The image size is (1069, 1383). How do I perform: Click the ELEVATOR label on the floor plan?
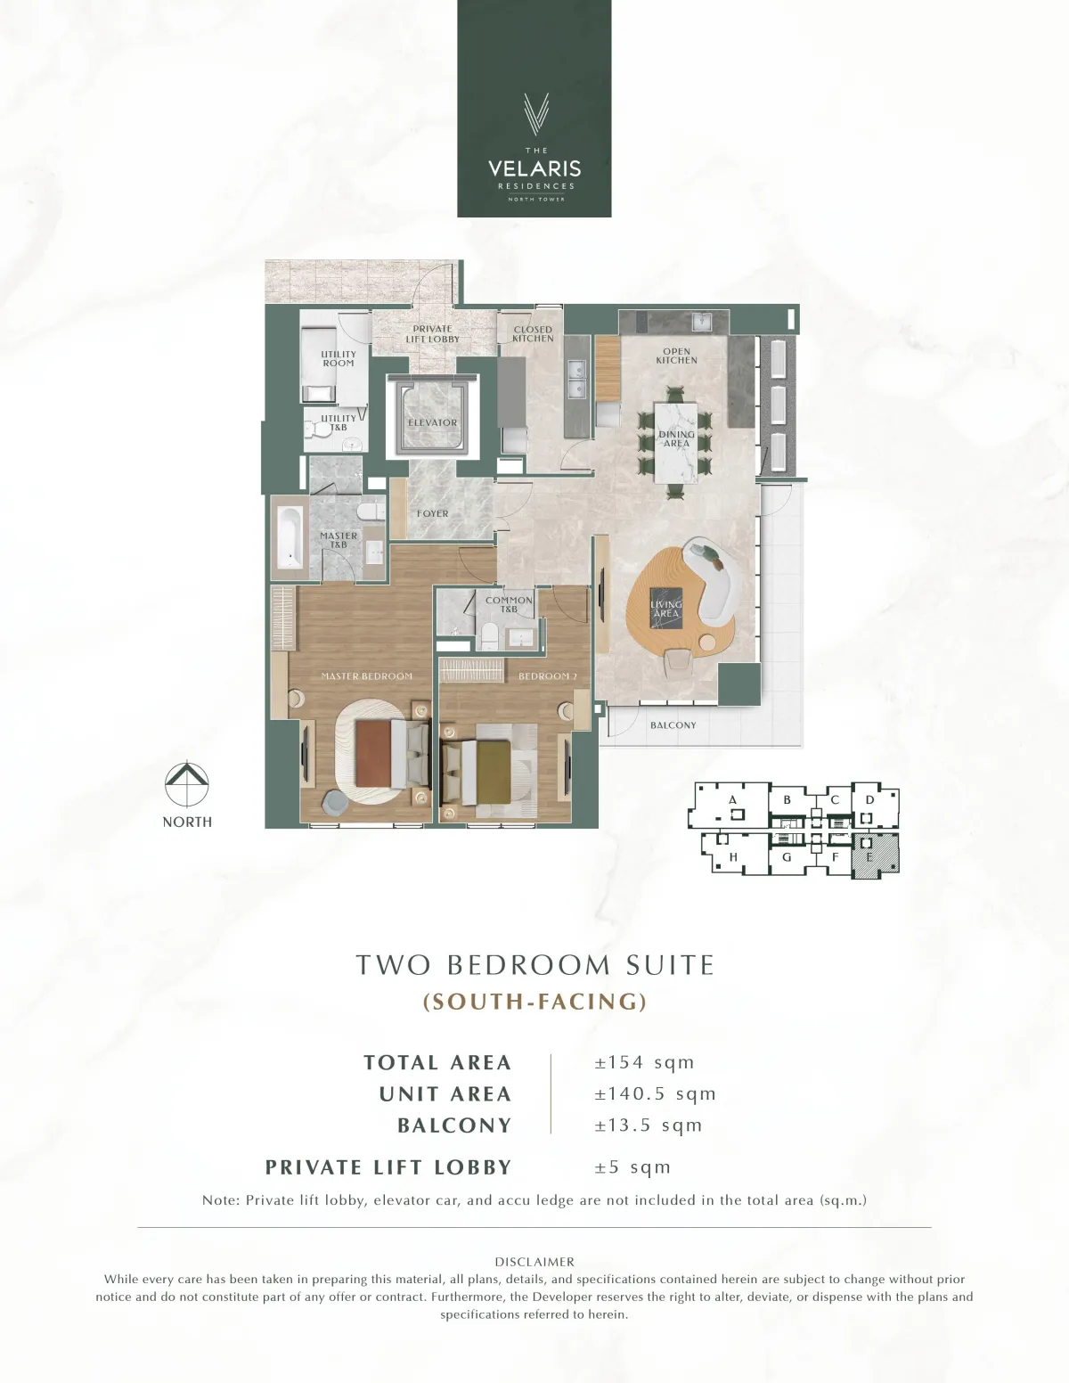432,422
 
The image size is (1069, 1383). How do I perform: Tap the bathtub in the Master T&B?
290,538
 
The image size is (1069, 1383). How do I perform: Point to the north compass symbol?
187,783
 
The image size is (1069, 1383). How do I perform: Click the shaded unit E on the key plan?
876,856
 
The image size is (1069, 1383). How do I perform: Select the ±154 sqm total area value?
644,1062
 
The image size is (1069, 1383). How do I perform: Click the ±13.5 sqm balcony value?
648,1125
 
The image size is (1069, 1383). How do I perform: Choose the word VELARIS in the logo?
534,168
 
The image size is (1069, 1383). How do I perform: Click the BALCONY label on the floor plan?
673,724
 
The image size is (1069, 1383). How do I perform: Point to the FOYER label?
432,513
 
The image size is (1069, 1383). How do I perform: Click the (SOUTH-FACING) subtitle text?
534,1002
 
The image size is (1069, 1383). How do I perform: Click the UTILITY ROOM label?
339,358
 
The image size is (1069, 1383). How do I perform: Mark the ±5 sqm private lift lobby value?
632,1167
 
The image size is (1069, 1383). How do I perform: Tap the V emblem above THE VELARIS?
535,114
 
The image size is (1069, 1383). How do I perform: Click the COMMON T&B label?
509,605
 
